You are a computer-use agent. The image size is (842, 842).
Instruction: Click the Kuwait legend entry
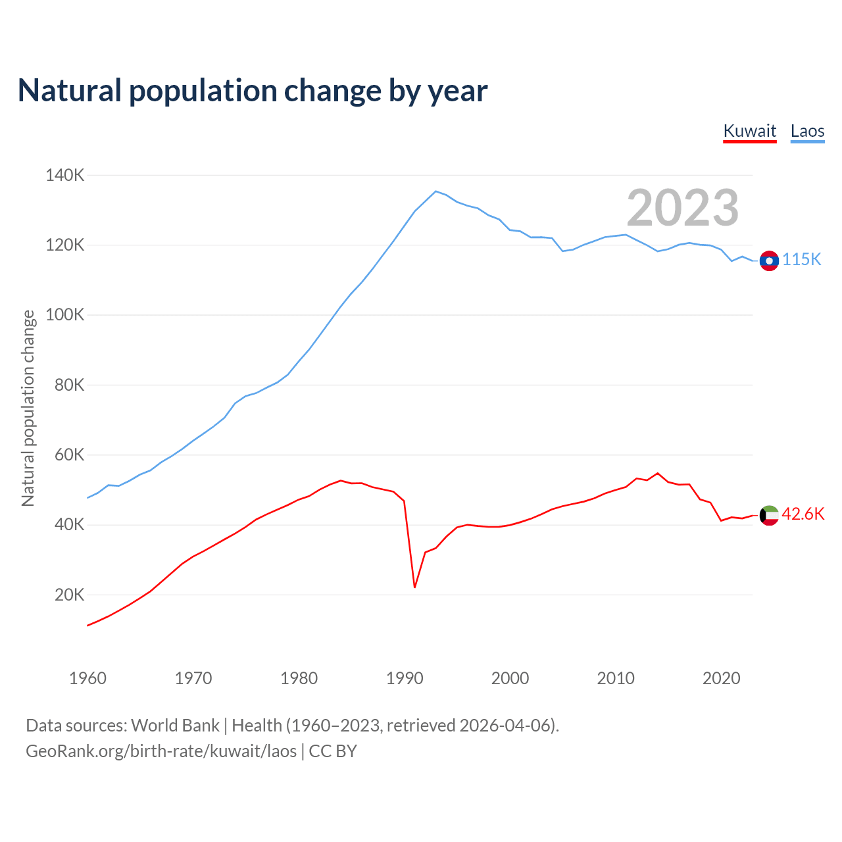749,131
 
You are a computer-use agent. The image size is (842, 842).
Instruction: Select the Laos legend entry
807,131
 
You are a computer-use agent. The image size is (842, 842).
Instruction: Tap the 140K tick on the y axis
64,176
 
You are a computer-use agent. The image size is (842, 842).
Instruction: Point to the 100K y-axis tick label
64,315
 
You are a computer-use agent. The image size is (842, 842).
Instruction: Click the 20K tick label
69,595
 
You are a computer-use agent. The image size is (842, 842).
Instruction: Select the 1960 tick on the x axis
87,678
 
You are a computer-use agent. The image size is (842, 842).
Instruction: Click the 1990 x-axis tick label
405,678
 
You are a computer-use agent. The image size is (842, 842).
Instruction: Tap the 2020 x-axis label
721,678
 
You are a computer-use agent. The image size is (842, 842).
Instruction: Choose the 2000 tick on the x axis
510,678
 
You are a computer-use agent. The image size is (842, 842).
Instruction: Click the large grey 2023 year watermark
682,208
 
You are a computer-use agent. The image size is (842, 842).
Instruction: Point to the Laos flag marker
769,260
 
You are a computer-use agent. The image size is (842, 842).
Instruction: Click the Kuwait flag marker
769,515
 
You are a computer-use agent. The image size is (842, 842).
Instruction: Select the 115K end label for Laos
801,260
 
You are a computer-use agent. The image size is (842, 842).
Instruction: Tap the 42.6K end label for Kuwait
803,514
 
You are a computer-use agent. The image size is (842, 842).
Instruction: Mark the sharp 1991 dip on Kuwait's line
414,587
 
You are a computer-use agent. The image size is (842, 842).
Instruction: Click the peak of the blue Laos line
435,191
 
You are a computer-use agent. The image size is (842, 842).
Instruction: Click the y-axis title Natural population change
28,408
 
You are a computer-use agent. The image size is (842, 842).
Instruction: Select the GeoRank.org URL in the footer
161,751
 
